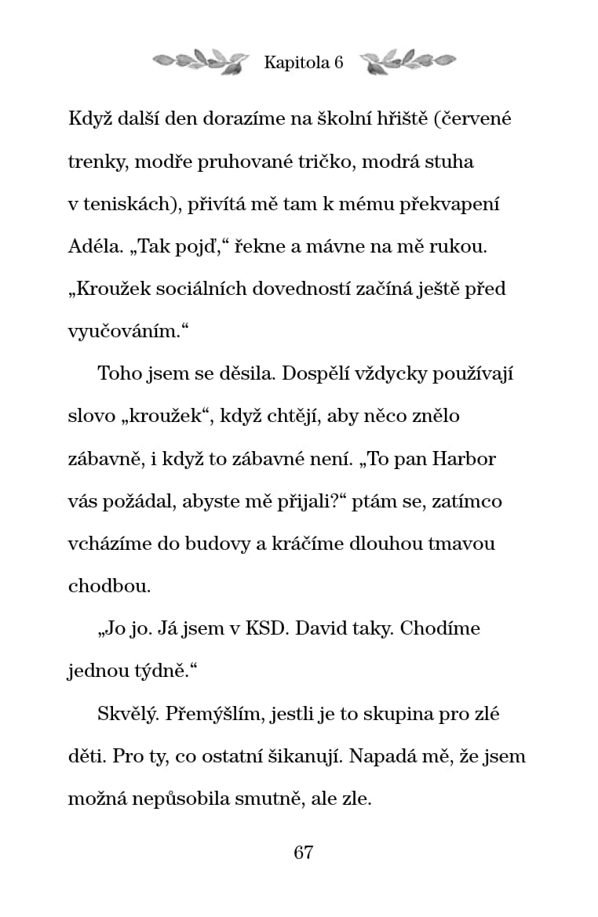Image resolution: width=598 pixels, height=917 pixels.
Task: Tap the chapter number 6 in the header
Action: pyautogui.click(x=339, y=64)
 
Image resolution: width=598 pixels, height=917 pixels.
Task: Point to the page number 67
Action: pyautogui.click(x=304, y=853)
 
